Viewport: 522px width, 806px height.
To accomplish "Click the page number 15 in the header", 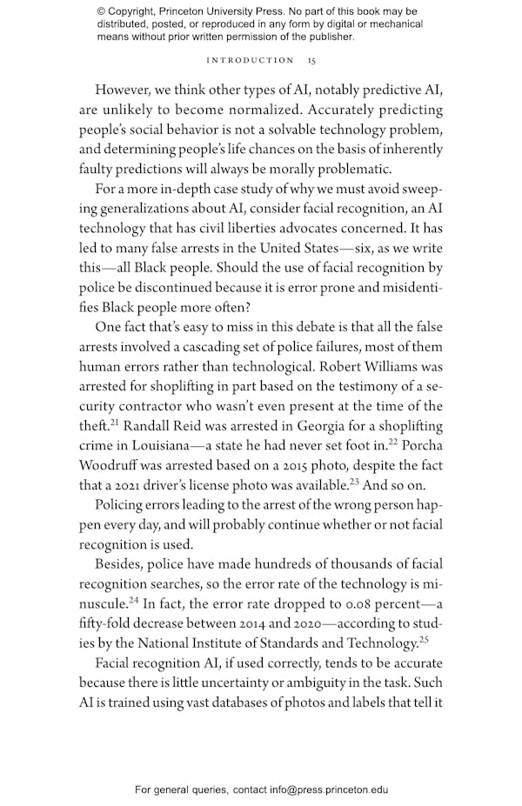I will [x=311, y=61].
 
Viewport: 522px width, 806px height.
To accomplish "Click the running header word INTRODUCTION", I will [x=250, y=61].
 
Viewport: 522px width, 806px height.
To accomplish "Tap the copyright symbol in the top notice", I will [x=102, y=11].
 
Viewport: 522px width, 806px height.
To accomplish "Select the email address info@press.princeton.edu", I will [x=317, y=790].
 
